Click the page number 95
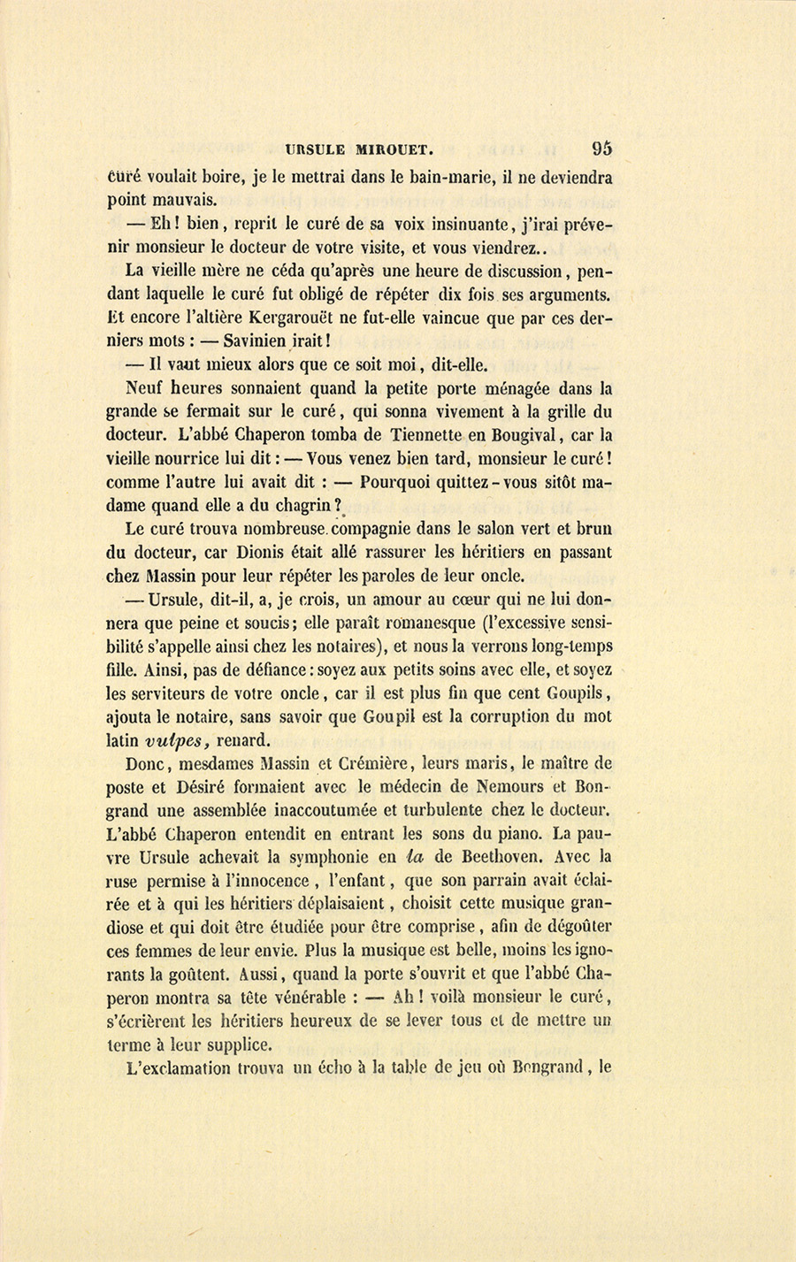pyautogui.click(x=602, y=149)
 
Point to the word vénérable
pyautogui.click(x=302, y=998)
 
